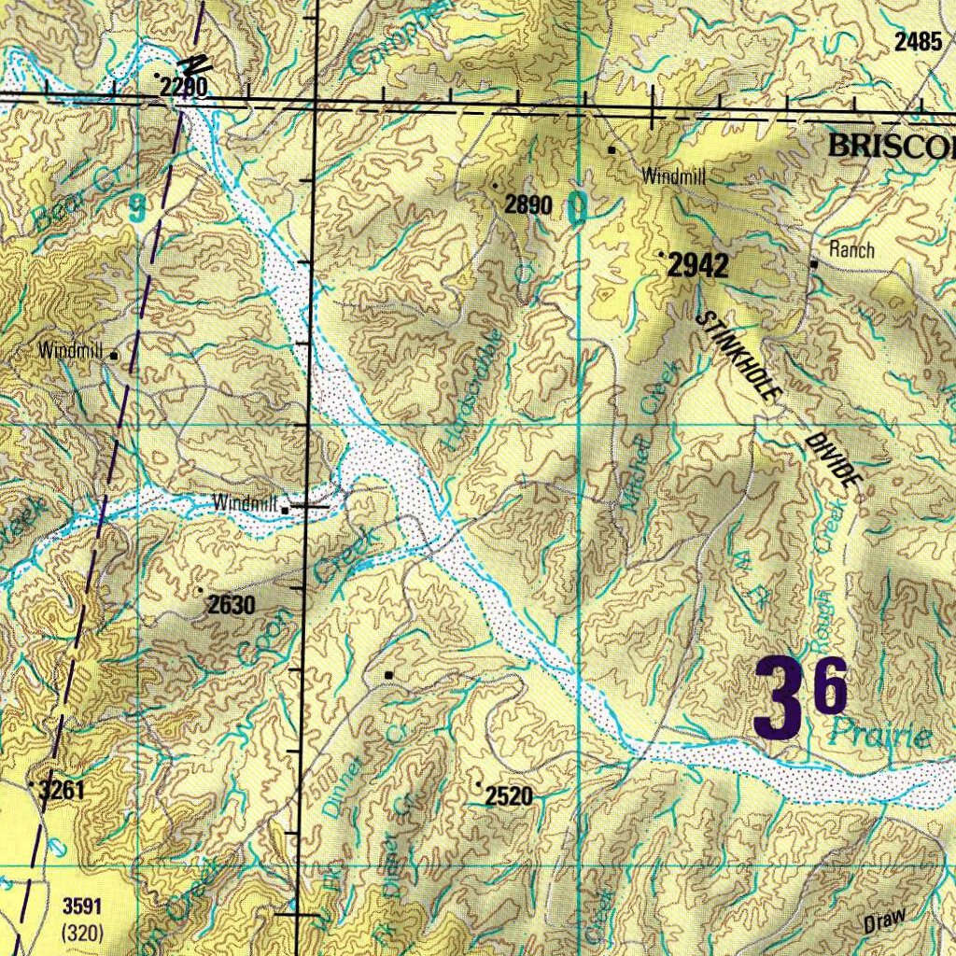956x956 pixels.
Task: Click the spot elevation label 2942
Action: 698,267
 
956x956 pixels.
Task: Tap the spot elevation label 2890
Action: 528,205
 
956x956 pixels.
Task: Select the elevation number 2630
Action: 231,605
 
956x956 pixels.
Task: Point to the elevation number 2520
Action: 509,796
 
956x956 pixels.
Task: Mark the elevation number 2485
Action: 918,41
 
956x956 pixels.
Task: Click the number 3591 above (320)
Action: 80,906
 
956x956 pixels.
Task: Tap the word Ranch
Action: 851,249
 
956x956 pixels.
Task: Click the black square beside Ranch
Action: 814,264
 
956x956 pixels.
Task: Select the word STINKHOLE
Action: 738,356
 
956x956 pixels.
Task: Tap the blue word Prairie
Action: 881,736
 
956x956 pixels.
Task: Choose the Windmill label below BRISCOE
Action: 672,176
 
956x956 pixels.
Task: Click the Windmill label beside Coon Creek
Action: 246,502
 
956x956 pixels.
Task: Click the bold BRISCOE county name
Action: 892,146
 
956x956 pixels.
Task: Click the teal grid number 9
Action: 137,207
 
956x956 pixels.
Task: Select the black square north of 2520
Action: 389,674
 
